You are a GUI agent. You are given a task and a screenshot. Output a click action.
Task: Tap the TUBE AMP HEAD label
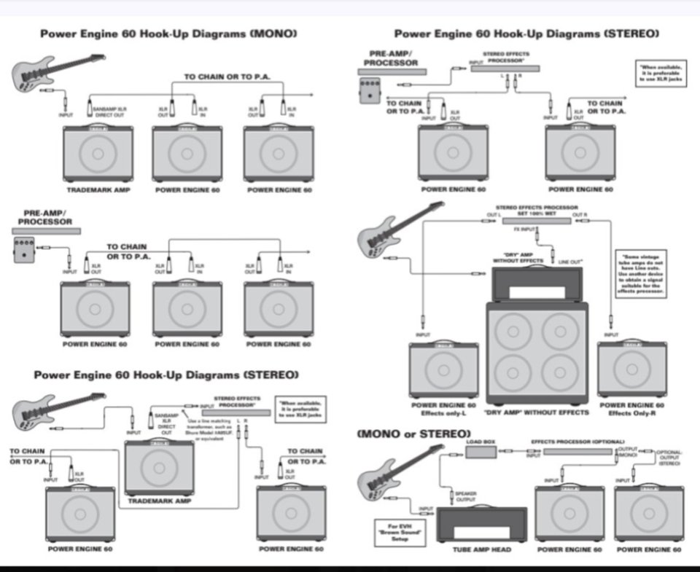tap(481, 549)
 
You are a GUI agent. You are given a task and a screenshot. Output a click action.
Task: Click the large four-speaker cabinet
tap(537, 353)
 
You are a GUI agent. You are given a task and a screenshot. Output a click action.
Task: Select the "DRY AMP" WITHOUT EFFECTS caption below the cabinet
tap(536, 412)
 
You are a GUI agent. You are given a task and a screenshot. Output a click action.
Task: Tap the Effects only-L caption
tap(443, 412)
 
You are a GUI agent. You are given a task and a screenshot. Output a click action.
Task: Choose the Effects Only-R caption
tap(631, 412)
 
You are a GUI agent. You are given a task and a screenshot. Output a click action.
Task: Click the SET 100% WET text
tap(537, 213)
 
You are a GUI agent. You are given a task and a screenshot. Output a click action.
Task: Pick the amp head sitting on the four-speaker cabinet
tap(538, 283)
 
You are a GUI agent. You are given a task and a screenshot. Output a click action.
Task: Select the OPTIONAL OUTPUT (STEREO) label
tap(669, 457)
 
